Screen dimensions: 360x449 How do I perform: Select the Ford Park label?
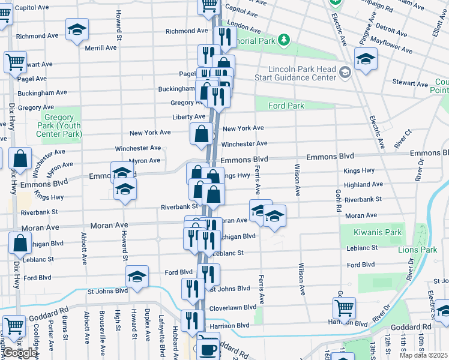tap(286, 106)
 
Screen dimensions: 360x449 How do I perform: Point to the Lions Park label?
tap(421, 250)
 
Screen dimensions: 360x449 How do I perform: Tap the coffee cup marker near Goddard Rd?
tap(209, 348)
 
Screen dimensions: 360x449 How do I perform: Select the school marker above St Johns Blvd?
tap(137, 277)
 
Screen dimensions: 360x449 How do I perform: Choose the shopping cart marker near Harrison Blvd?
tap(344, 308)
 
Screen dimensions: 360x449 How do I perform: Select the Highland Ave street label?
tap(363, 185)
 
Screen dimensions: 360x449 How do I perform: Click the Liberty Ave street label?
tap(188, 116)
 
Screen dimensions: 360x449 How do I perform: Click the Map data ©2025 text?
tap(423, 355)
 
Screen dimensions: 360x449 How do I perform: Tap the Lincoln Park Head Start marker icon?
tap(345, 73)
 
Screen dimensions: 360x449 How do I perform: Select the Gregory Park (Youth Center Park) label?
tap(61, 126)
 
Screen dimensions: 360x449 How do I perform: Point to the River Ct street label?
tap(403, 139)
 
